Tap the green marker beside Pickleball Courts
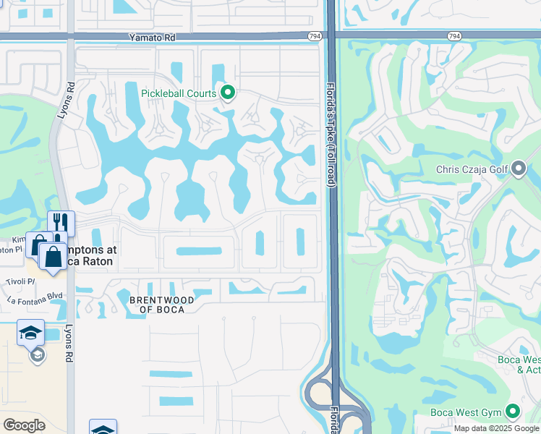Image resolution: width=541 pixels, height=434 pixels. (x=228, y=93)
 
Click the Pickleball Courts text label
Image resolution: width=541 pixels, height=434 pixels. (x=179, y=93)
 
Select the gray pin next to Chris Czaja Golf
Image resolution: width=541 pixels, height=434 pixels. (x=519, y=170)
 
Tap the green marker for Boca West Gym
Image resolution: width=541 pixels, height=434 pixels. (x=513, y=412)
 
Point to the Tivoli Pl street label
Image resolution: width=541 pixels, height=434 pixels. (x=21, y=282)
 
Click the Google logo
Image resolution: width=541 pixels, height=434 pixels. (x=24, y=425)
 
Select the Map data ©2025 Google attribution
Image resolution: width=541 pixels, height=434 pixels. (x=495, y=428)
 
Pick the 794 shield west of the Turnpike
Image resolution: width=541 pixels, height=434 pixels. (x=313, y=35)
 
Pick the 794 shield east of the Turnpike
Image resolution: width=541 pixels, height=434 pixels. (x=453, y=35)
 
